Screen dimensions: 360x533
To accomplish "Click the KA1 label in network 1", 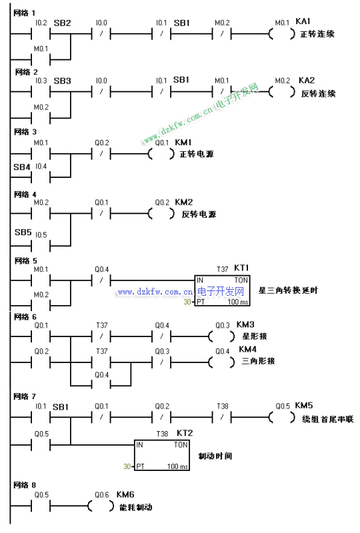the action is point(303,21).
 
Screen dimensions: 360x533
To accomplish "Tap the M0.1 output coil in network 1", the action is point(282,34).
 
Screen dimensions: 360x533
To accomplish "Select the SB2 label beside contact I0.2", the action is point(62,23).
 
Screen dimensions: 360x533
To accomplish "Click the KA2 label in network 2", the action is point(307,81).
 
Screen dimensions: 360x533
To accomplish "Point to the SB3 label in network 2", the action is point(62,81).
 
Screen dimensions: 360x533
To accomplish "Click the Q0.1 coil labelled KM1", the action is point(161,155).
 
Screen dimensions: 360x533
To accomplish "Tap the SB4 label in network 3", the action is point(22,167).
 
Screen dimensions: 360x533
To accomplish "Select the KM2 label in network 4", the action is point(184,203).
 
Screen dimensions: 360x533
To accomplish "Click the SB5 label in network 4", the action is point(23,232).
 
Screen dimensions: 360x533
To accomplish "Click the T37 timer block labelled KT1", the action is point(222,290).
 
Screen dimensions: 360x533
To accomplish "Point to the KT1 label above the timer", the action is point(241,268).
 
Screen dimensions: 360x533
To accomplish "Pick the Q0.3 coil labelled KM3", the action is point(221,336).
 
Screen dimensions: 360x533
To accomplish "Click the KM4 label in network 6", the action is point(247,349).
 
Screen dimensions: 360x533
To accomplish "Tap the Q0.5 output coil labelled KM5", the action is point(282,417).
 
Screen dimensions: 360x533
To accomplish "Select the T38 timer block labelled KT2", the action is point(162,455).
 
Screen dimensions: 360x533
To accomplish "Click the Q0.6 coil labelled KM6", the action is point(101,506).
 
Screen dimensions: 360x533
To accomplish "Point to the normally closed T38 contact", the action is point(222,417).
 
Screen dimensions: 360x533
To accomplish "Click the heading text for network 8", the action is point(25,485).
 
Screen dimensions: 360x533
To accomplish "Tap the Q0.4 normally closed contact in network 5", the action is point(101,280).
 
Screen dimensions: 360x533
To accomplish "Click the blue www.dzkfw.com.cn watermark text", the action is point(155,292).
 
